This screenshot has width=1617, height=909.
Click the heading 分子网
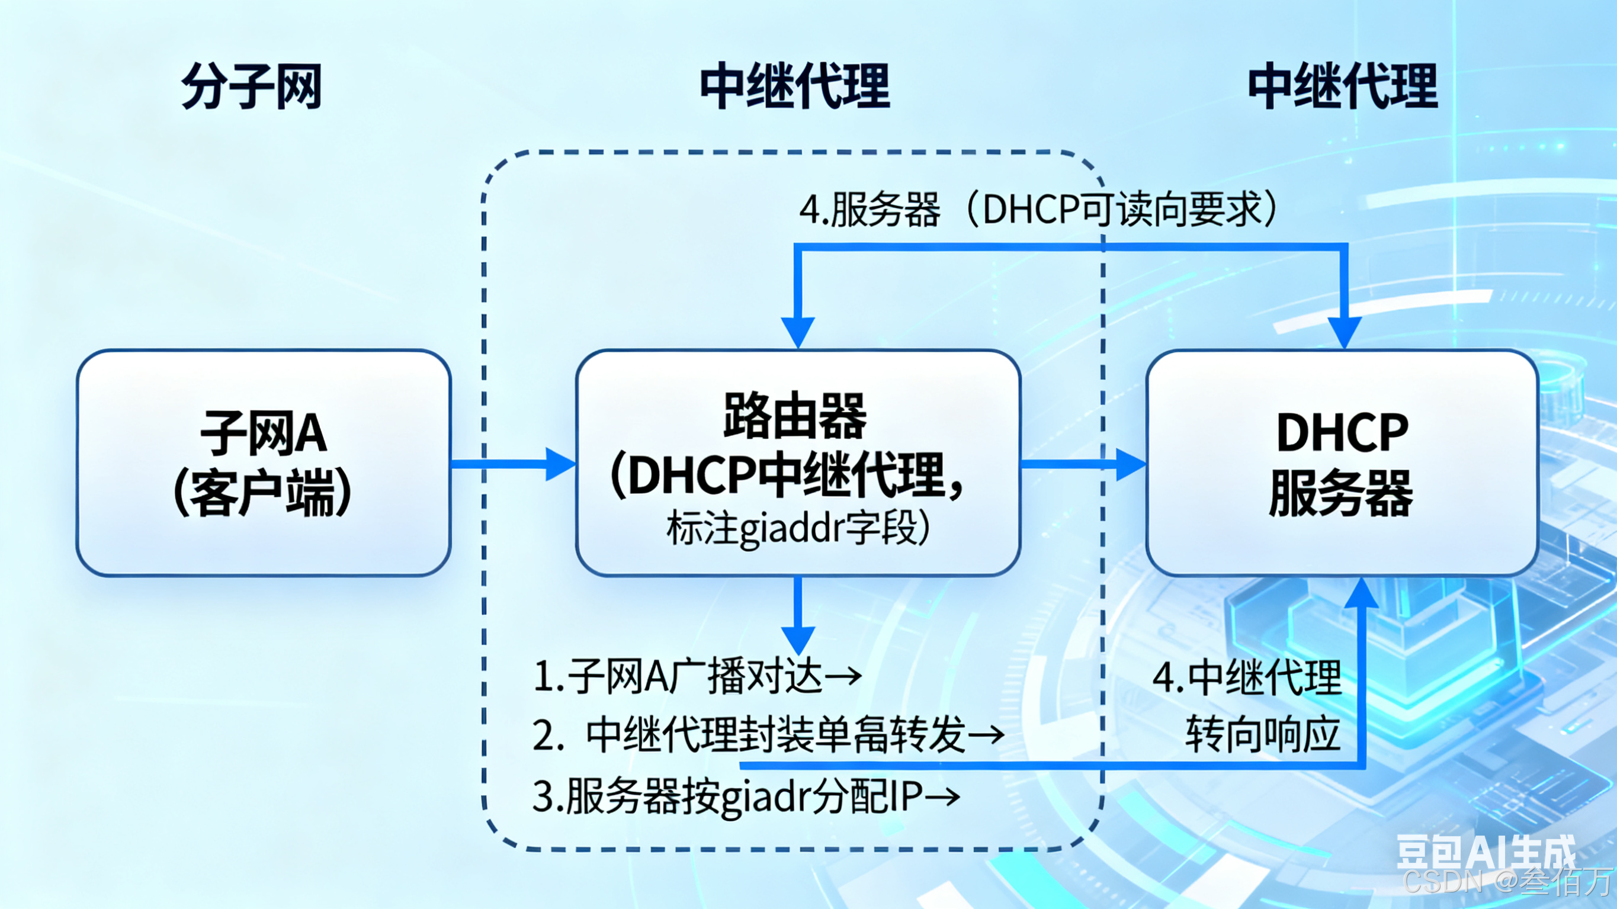(252, 86)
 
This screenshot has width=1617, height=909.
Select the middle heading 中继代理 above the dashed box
(795, 86)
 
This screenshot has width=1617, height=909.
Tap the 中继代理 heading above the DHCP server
(1343, 86)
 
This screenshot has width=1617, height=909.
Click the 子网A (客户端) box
(264, 462)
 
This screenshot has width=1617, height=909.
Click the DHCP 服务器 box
(1342, 462)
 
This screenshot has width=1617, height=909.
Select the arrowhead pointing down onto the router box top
(798, 330)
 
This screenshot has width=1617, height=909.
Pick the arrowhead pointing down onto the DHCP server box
(1345, 330)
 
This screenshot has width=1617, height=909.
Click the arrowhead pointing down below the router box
(798, 639)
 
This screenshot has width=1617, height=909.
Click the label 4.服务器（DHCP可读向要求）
(1038, 209)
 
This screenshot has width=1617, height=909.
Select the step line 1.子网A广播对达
(697, 677)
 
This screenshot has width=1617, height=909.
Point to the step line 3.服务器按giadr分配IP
(746, 796)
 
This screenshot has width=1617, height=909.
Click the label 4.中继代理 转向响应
(1249, 706)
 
